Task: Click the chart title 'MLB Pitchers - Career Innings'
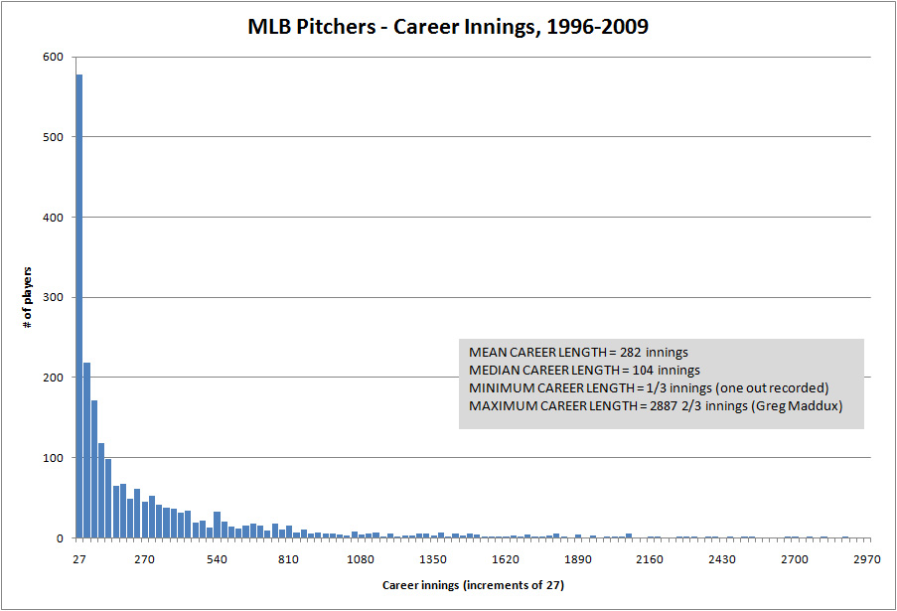coord(448,27)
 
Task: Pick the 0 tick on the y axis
coord(60,538)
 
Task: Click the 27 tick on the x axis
coord(79,559)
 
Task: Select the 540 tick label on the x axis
coord(218,559)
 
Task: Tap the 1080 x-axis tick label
coord(361,559)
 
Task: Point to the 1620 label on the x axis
coord(506,559)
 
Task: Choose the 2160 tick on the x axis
coord(650,559)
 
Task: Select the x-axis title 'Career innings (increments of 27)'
coord(474,585)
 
